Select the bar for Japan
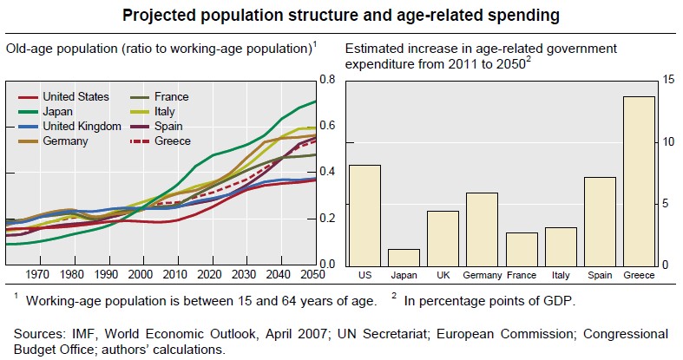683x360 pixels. tap(404, 257)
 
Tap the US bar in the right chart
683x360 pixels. tap(364, 215)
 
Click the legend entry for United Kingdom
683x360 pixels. tap(82, 126)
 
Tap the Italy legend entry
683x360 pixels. tap(166, 111)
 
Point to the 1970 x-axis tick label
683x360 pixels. tap(38, 275)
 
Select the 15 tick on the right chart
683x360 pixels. tap(667, 80)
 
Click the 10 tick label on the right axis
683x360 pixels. tap(667, 141)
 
